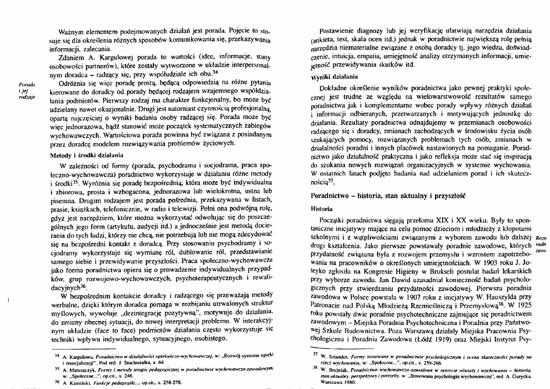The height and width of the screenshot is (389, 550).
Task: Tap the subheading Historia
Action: click(322, 208)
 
